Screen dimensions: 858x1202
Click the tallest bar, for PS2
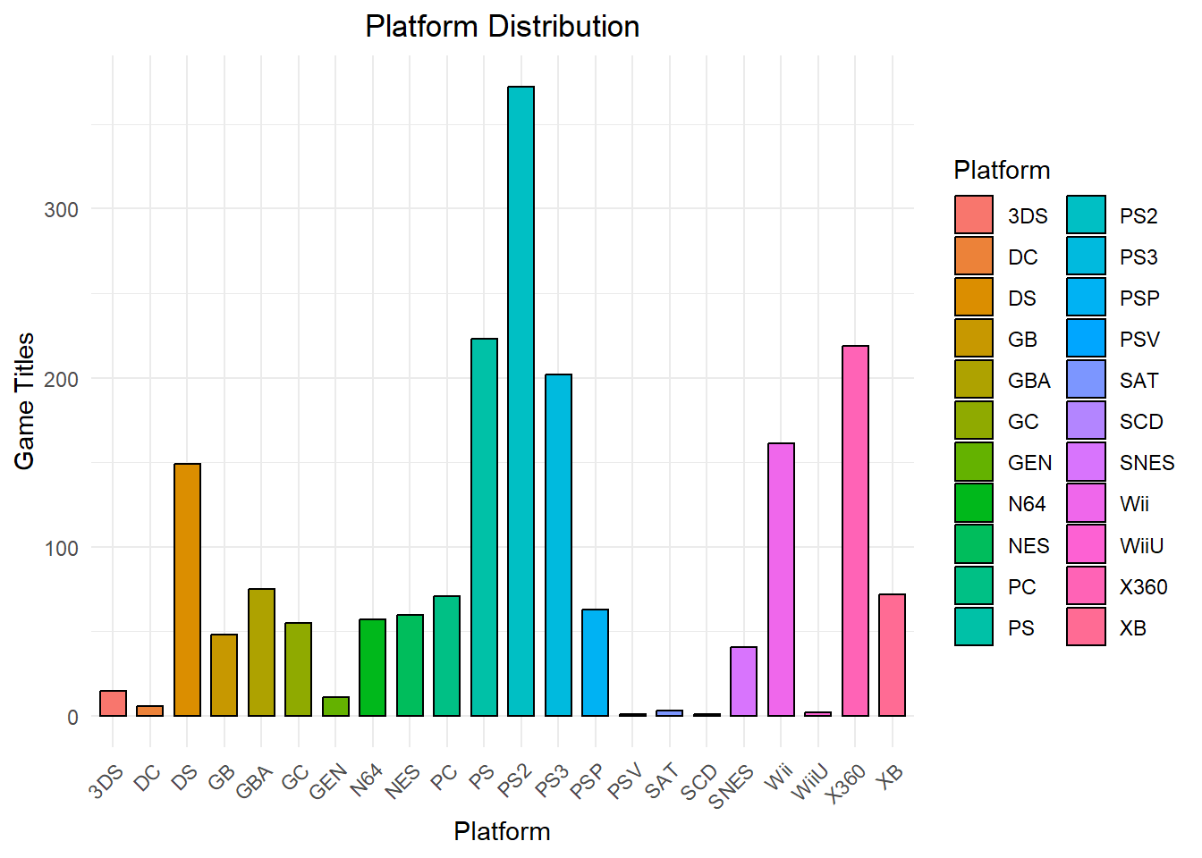521,401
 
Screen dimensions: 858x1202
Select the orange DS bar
187,590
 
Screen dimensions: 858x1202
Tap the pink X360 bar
855,531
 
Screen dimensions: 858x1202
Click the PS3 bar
558,545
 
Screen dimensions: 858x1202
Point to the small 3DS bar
113,703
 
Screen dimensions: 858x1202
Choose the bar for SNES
743,681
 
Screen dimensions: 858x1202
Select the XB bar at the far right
892,655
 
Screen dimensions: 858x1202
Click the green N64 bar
372,668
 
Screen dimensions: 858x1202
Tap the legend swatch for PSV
1086,339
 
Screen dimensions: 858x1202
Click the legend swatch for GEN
974,462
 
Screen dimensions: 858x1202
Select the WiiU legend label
1141,545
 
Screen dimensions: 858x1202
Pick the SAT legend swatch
1086,380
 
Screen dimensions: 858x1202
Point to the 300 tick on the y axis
62,210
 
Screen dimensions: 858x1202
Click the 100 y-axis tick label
62,548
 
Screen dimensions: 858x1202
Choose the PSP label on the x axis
587,780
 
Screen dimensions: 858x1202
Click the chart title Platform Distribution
502,26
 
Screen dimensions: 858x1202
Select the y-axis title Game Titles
24,400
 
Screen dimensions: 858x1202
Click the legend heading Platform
1002,170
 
